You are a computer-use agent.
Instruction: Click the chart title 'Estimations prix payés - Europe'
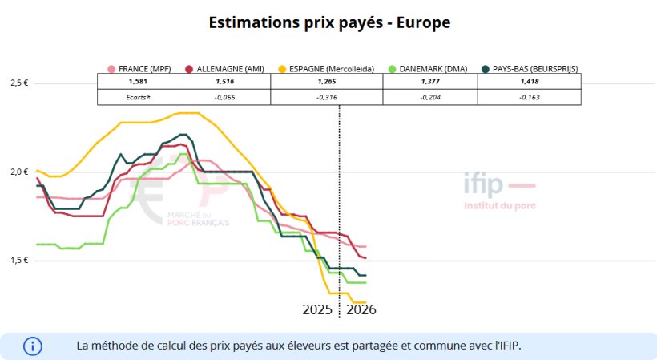coord(328,22)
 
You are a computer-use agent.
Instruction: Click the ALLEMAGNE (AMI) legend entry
coord(225,69)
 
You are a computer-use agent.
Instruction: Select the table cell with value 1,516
coord(227,82)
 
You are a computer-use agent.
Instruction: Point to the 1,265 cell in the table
coord(327,82)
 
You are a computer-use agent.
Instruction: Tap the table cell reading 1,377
coord(430,82)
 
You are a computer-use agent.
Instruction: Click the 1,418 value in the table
coord(530,82)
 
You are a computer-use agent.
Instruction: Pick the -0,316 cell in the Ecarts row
coord(327,97)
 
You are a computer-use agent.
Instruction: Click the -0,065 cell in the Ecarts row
coord(227,97)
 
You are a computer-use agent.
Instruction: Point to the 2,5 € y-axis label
coord(19,83)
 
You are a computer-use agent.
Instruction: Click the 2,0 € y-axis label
coord(19,172)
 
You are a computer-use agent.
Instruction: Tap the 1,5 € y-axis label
coord(19,261)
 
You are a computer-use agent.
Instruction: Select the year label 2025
coord(318,309)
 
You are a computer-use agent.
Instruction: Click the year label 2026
coord(361,309)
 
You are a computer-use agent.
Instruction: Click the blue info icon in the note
coord(33,346)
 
